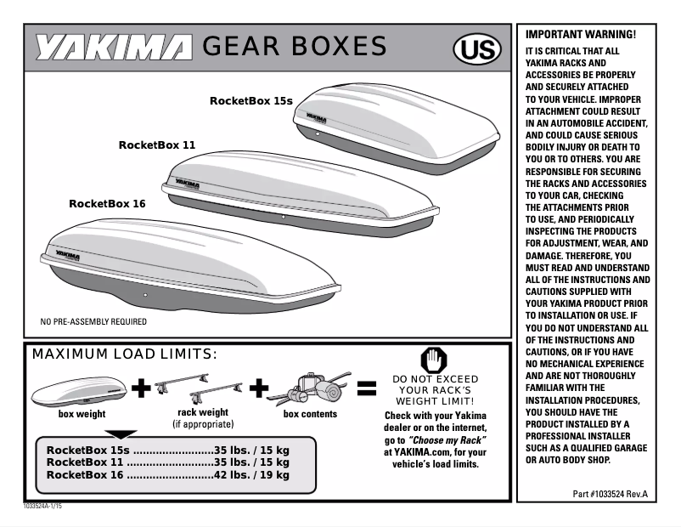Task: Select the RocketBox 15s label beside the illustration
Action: click(x=250, y=101)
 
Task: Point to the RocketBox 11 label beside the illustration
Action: click(x=157, y=145)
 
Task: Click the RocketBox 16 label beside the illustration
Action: click(x=107, y=204)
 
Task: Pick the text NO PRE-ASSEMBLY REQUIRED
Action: click(x=94, y=322)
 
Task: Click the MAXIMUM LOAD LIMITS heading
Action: click(x=125, y=354)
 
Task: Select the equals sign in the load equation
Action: click(x=366, y=389)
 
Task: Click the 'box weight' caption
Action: click(x=82, y=415)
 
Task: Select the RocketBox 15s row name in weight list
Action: click(x=88, y=450)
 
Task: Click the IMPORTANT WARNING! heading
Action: click(x=581, y=35)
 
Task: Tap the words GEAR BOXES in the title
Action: click(x=295, y=47)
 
